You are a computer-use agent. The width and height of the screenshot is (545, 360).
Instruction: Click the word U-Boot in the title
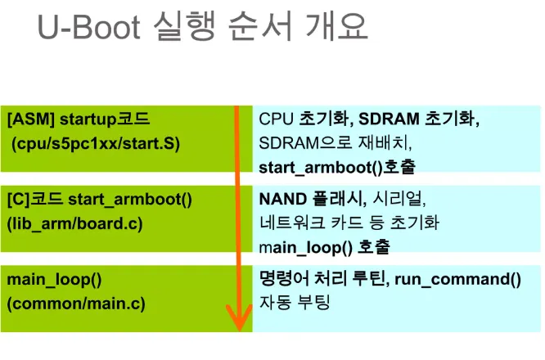89,27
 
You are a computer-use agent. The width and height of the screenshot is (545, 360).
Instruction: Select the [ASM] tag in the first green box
31,119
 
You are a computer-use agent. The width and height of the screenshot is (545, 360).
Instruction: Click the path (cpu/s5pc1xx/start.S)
96,143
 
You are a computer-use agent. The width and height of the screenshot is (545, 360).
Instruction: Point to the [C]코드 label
34,199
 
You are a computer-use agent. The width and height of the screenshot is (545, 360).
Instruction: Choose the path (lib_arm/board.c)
74,223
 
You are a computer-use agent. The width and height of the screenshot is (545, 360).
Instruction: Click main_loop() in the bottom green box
54,280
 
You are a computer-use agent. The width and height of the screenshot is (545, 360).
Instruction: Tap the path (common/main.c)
76,304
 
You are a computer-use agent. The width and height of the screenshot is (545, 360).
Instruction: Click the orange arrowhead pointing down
239,317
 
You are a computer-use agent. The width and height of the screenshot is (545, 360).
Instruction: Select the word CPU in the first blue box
276,119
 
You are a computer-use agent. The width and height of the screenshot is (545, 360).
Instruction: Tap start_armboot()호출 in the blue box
337,168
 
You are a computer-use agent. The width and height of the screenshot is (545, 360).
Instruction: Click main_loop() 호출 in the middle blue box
324,247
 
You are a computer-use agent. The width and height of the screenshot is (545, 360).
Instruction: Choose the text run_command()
457,279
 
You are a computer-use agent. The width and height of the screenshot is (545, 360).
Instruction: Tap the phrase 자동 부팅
294,302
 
